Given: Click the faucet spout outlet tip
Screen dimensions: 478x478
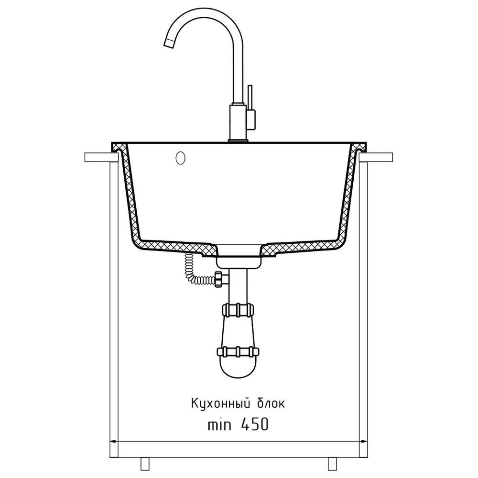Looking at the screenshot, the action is tap(169, 43).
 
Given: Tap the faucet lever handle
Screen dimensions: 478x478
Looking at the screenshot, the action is tap(250, 98).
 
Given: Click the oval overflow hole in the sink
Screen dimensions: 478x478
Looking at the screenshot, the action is tap(181, 158).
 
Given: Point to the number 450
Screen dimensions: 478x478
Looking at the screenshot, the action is tap(255, 424).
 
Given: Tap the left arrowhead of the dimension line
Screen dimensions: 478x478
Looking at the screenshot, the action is tap(112, 441).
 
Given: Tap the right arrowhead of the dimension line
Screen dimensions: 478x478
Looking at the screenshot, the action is tap(364, 441).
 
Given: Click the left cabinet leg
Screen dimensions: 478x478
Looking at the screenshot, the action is tap(144, 464).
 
